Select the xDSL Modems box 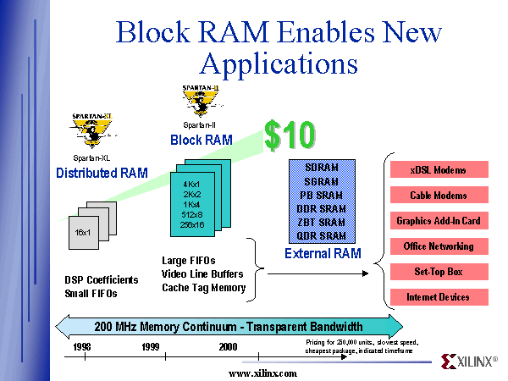coord(438,169)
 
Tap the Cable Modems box coord(438,196)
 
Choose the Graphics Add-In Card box coord(438,221)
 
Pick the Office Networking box coord(438,246)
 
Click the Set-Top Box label coord(438,272)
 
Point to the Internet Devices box coord(438,297)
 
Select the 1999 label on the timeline coord(150,347)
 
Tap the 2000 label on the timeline coord(226,347)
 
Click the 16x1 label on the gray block coord(84,231)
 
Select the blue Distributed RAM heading coord(102,174)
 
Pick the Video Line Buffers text coord(202,273)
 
